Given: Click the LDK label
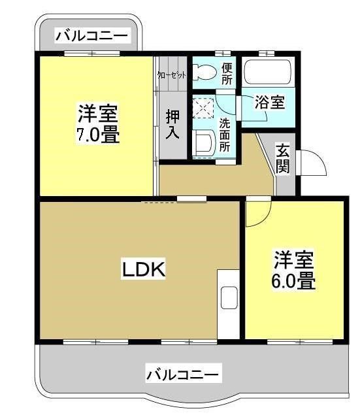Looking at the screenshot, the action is click(x=143, y=269).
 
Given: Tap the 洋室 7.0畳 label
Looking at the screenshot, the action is click(x=98, y=124).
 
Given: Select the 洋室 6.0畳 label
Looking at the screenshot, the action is click(x=293, y=270).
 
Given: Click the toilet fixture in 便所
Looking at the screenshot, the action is click(x=204, y=73).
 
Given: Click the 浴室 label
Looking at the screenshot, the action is click(x=270, y=102).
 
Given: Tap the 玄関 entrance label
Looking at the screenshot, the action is click(x=282, y=158).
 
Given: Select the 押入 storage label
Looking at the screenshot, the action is click(x=172, y=124).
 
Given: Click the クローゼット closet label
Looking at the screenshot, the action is click(x=172, y=75).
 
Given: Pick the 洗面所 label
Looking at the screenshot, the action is click(x=225, y=135).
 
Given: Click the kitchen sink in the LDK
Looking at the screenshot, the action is click(x=229, y=298).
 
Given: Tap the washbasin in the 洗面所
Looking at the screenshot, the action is click(x=204, y=143).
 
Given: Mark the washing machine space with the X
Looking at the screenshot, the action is click(x=203, y=108).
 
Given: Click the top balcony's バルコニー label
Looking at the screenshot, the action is click(x=91, y=35).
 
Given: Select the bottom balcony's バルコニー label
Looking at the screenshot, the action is click(x=184, y=374).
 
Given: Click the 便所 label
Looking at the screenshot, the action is click(x=227, y=73).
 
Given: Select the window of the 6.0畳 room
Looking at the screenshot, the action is click(x=300, y=342).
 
